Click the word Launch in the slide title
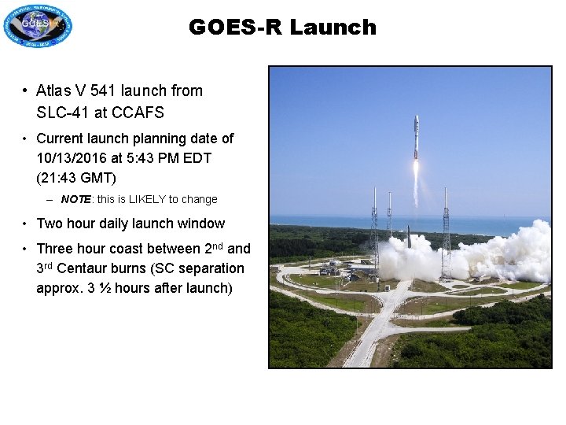click(333, 28)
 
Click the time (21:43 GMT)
click(76, 178)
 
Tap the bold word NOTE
click(75, 200)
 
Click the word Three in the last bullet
click(55, 249)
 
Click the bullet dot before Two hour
click(26, 224)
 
